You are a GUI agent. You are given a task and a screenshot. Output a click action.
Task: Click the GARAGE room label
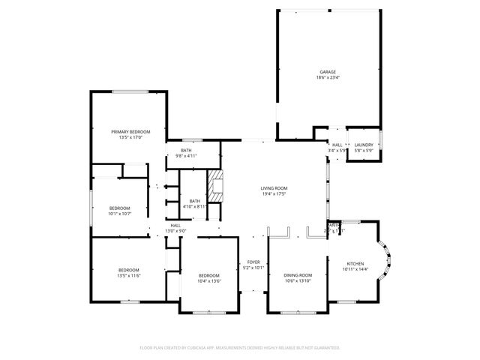coord(328,72)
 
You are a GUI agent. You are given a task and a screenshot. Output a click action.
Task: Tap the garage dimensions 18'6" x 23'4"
coord(328,78)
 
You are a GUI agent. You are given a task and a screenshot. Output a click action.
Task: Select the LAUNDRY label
coord(364,145)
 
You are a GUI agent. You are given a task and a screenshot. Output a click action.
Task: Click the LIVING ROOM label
coord(274,187)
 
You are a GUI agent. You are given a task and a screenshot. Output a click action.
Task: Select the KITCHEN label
coord(355,263)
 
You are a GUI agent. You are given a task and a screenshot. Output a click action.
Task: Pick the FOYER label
coord(253,262)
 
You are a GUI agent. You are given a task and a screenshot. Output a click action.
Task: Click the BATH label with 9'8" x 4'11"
coord(185,150)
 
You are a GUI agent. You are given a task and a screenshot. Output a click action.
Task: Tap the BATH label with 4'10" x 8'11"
coord(195,200)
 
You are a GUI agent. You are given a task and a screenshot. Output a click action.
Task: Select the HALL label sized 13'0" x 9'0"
coord(175,225)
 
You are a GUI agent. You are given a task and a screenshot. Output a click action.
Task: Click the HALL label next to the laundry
coord(337,145)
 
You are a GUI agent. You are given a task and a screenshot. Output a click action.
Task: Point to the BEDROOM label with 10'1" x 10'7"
coord(120,208)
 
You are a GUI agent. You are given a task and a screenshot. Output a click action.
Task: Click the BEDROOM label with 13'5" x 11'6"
coord(129,270)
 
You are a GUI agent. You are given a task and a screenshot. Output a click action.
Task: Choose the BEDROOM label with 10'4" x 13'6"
coord(209,275)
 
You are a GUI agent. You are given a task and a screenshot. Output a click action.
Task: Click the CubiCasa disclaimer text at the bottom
coord(240,347)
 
